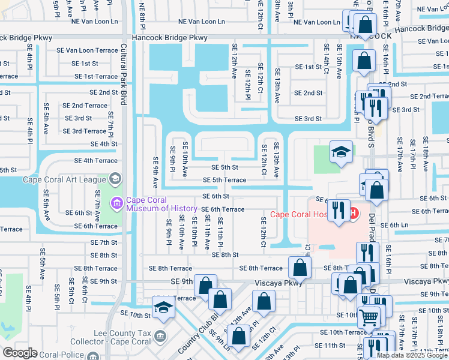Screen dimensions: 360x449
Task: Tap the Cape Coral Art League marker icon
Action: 116,179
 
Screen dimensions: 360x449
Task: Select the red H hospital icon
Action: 353,212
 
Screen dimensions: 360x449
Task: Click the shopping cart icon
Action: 369,316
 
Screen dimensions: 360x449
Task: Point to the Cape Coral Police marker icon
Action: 94,355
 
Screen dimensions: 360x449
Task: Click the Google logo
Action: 20,353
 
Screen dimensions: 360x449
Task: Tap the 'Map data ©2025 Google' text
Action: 411,355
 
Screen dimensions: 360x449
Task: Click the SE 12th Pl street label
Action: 247,85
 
